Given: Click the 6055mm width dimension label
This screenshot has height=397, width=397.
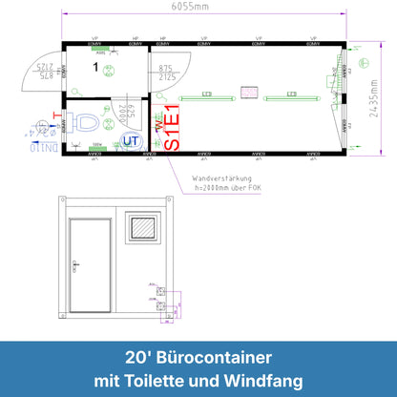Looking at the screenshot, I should [198, 8].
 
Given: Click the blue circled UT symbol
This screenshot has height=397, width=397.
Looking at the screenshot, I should [129, 140].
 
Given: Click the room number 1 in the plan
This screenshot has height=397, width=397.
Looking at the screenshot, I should [95, 67].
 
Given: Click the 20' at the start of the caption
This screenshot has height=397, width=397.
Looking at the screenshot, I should [136, 358].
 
